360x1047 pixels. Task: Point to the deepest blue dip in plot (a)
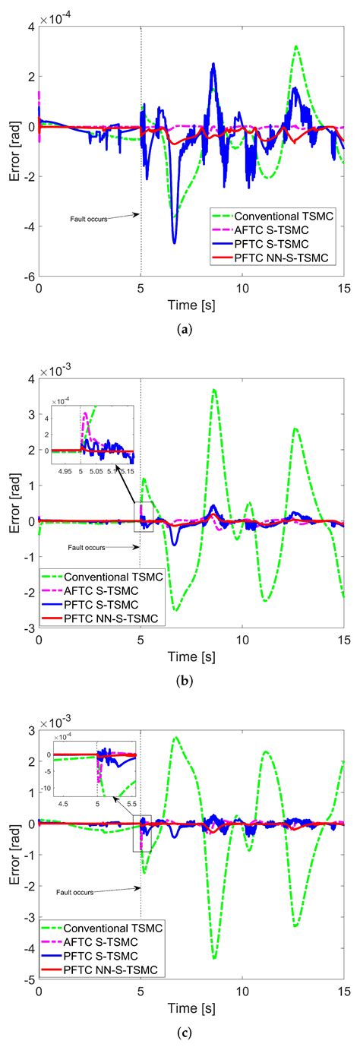click(x=175, y=242)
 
